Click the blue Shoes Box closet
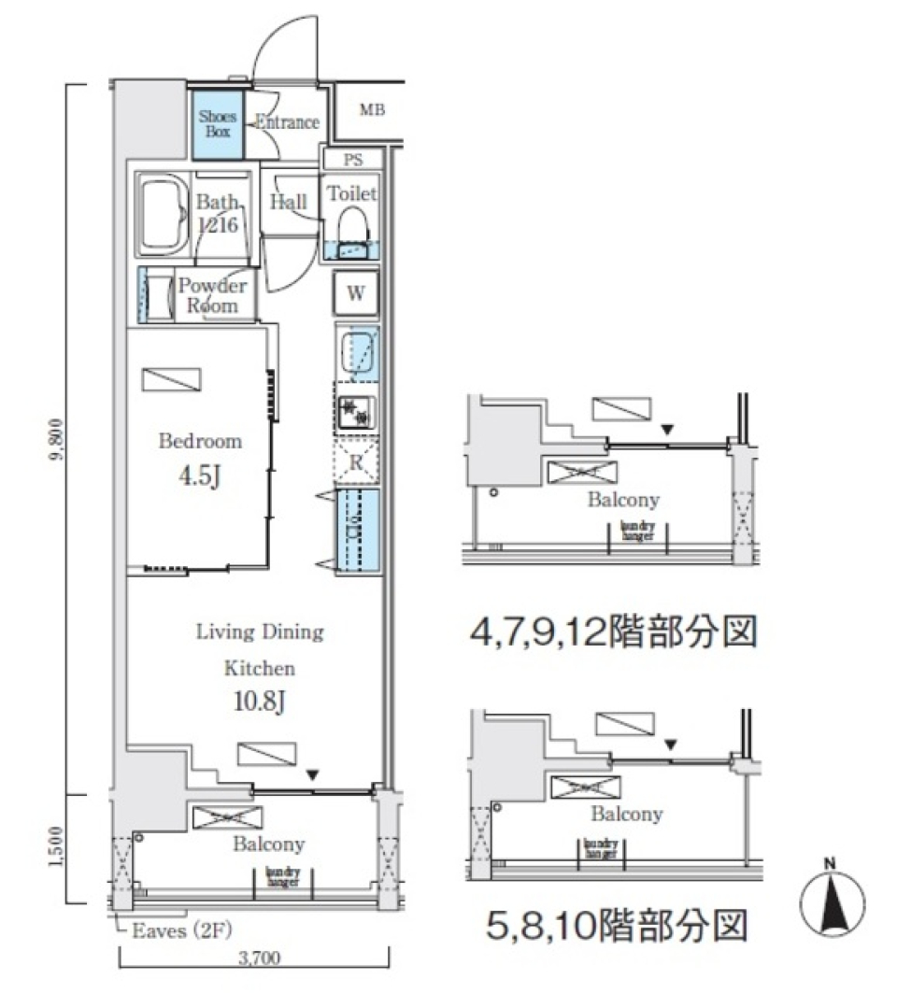pos(218,123)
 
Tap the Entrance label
pos(287,122)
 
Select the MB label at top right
pos(372,110)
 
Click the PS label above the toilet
pos(352,160)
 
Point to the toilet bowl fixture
pos(352,225)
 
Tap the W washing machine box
pos(356,292)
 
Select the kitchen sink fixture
pos(358,351)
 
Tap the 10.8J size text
pos(259,701)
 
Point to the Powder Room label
pos(212,296)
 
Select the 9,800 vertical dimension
pos(57,439)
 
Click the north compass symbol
pos(833,901)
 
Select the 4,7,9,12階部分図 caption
pos(612,633)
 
